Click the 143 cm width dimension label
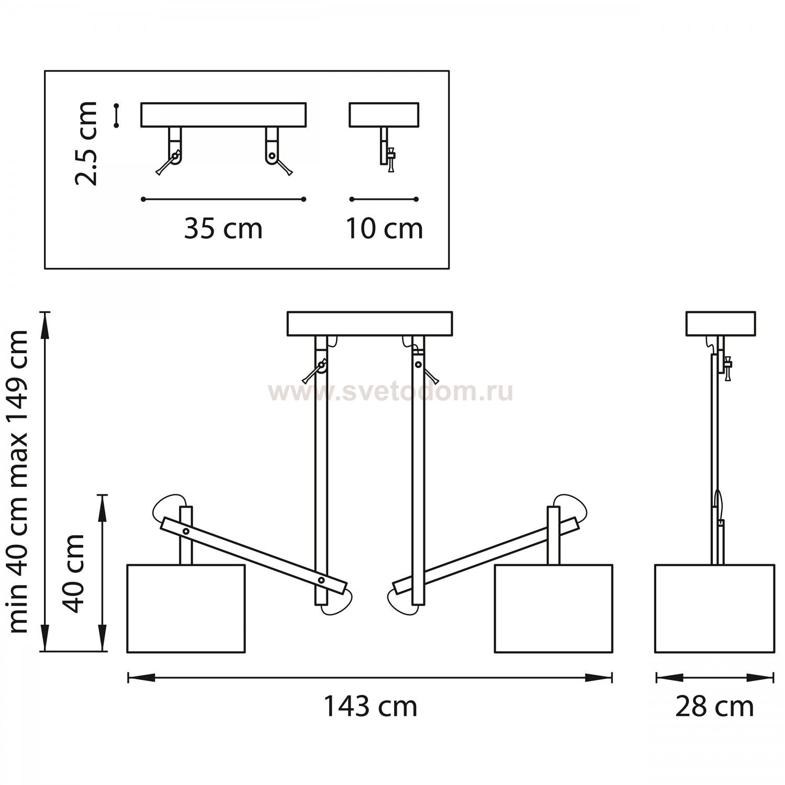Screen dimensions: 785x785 370,706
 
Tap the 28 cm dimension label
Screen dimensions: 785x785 714,706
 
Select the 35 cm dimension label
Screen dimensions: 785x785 223,229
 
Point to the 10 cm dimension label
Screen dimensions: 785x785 384,229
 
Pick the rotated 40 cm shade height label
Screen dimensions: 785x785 73,573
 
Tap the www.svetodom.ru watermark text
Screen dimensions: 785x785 391,392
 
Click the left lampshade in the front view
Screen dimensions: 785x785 186,608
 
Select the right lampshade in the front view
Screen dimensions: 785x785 554,608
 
